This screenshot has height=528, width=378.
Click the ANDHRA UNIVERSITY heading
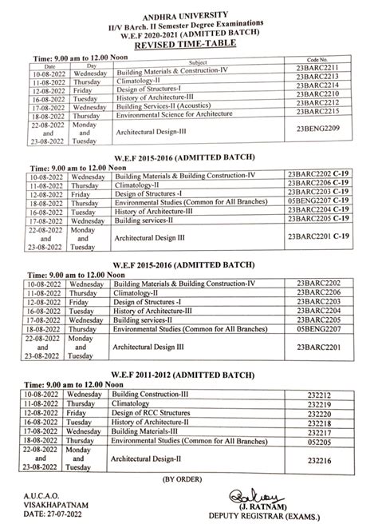[188, 11]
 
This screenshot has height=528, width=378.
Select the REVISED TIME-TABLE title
[188, 47]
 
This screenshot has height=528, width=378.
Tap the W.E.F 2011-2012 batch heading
[188, 377]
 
